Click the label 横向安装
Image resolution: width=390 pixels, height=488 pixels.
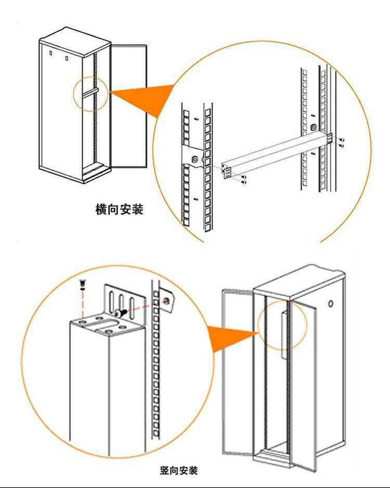119,210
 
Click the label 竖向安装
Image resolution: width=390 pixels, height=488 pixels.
179,471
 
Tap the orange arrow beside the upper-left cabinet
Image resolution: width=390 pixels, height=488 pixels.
140,99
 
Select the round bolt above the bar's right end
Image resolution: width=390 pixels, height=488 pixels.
313,127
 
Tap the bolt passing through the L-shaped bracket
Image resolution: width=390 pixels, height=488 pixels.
121,312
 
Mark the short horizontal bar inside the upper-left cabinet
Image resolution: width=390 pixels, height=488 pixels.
92,91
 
